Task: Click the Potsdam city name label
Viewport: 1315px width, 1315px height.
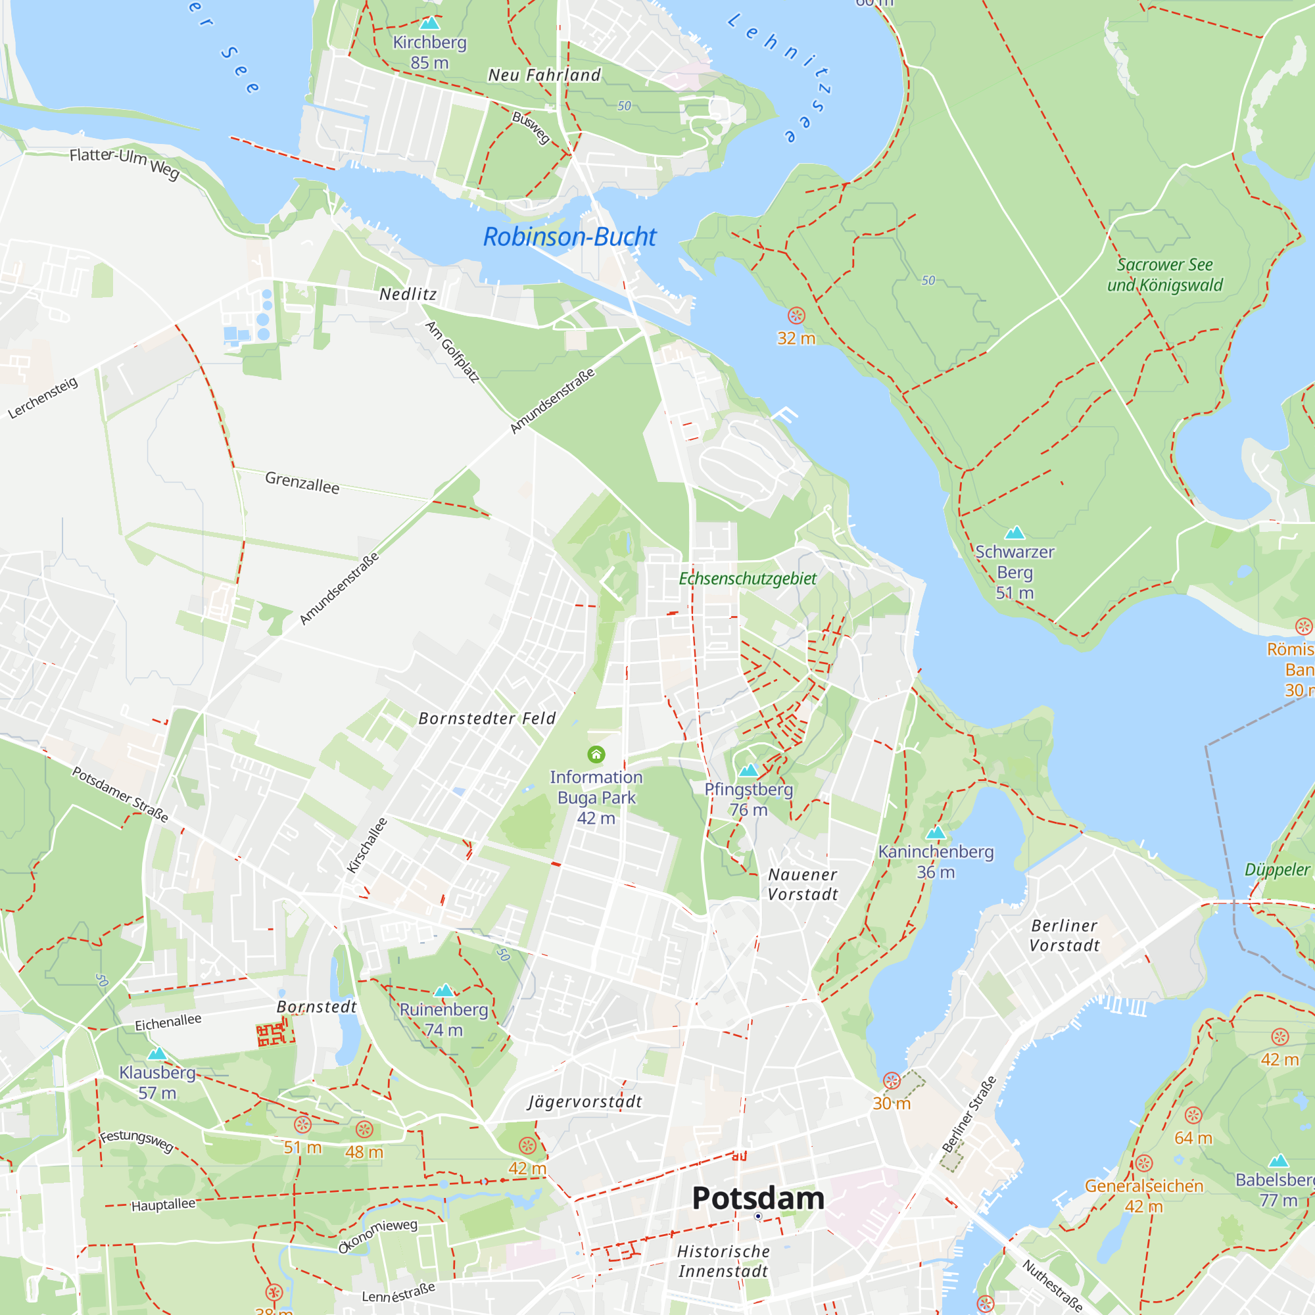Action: (757, 1198)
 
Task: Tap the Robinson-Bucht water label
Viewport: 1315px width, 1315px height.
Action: (569, 237)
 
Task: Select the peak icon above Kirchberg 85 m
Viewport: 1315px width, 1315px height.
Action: (429, 23)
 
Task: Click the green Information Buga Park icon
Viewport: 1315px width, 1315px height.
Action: (596, 754)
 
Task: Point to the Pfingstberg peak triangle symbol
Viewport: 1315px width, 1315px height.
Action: (749, 770)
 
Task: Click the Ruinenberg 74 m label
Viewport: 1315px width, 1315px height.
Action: (444, 1020)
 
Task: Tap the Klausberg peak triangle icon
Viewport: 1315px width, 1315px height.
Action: (157, 1053)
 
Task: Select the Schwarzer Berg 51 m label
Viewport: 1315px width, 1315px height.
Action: (1014, 572)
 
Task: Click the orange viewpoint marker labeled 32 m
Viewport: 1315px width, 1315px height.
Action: (796, 316)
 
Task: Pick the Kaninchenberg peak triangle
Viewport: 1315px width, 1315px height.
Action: (936, 832)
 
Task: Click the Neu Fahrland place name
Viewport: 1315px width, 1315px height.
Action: (544, 75)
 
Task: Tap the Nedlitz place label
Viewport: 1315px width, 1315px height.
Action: (408, 294)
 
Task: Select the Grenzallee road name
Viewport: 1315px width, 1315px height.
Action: (302, 483)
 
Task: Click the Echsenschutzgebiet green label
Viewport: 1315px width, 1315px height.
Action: (748, 579)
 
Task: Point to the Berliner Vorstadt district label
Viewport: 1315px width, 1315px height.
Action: (1064, 935)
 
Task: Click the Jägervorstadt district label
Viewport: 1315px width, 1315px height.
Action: (585, 1101)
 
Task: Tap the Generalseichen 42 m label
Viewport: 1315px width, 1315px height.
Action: (1143, 1196)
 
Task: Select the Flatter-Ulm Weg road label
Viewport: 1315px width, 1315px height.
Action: (124, 162)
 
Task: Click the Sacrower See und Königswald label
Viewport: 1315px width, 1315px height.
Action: (1164, 274)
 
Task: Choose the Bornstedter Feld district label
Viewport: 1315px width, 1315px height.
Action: (487, 718)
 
